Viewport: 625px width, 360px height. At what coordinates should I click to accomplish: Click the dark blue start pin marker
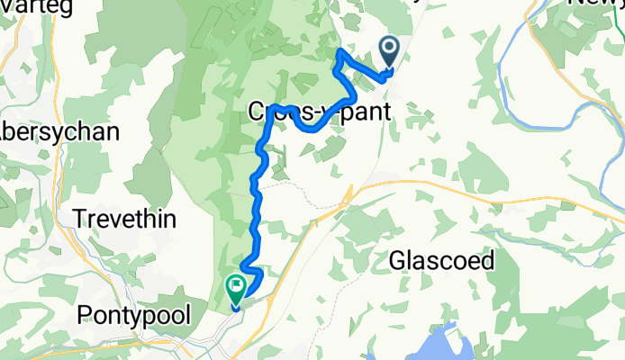(x=390, y=51)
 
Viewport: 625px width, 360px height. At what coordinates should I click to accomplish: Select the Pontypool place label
(x=136, y=316)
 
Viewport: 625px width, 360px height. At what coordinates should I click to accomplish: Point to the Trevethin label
(x=124, y=219)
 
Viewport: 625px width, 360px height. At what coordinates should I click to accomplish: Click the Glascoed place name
(x=442, y=261)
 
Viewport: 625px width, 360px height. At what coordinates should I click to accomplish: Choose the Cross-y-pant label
(x=320, y=113)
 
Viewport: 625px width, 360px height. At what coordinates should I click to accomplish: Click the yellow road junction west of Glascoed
(x=349, y=193)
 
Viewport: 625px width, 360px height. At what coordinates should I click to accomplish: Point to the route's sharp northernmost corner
(x=339, y=52)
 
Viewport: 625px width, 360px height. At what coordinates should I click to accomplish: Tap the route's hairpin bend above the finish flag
(x=258, y=272)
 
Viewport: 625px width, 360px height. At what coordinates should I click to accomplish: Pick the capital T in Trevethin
(x=78, y=219)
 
